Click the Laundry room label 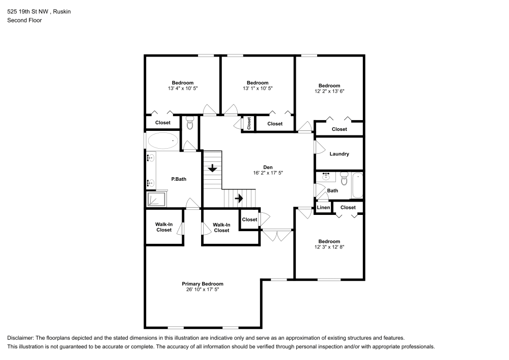(x=339, y=154)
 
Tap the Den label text (x=268, y=167)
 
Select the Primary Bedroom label (x=203, y=284)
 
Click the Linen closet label (x=323, y=207)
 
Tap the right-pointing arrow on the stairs (x=238, y=198)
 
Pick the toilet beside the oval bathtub (x=190, y=123)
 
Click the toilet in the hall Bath (x=344, y=179)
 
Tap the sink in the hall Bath (x=326, y=177)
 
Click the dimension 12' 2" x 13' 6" (x=329, y=92)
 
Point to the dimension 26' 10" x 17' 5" (x=203, y=289)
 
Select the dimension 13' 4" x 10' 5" (x=182, y=89)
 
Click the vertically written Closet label (x=249, y=123)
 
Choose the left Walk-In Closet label (x=164, y=227)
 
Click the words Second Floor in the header (x=24, y=20)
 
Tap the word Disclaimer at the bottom (x=21, y=338)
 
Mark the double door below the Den (x=277, y=235)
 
